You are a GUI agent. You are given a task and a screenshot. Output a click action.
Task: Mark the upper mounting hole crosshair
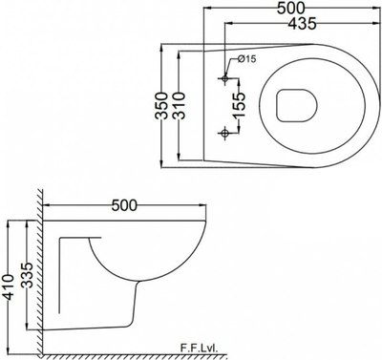pyautogui.click(x=225, y=76)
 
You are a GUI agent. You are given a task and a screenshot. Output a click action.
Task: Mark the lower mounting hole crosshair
pyautogui.click(x=225, y=131)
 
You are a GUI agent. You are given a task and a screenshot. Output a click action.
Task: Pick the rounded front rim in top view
pyautogui.click(x=358, y=103)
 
